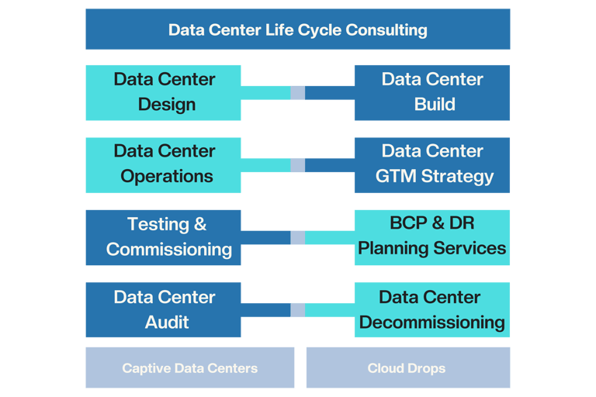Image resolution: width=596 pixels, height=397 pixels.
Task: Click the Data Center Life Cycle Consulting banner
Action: [x=297, y=29]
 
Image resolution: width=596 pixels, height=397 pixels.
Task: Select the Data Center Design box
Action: [x=163, y=92]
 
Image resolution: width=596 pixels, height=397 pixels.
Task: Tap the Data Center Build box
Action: [x=431, y=92]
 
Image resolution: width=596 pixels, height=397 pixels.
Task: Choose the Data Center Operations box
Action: [x=163, y=164]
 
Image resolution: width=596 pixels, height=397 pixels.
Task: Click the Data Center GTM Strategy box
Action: [x=431, y=164]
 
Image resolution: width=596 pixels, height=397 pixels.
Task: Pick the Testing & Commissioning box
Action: [x=163, y=237]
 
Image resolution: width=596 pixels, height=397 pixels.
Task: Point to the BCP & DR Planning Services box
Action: [x=431, y=237]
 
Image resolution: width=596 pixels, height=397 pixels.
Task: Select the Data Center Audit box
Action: [x=163, y=309]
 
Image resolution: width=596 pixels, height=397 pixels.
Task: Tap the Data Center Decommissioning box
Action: [x=431, y=309]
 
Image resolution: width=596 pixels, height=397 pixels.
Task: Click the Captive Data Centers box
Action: [x=189, y=368]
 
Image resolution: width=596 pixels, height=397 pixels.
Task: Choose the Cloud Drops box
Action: [x=407, y=368]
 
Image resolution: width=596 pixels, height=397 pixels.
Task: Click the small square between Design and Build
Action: [x=297, y=92]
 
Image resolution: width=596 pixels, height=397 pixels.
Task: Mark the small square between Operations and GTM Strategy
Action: [x=297, y=165]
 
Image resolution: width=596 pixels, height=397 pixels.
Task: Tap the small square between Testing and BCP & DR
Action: [x=297, y=237]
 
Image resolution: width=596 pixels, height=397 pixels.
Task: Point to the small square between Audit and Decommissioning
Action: [x=297, y=310]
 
